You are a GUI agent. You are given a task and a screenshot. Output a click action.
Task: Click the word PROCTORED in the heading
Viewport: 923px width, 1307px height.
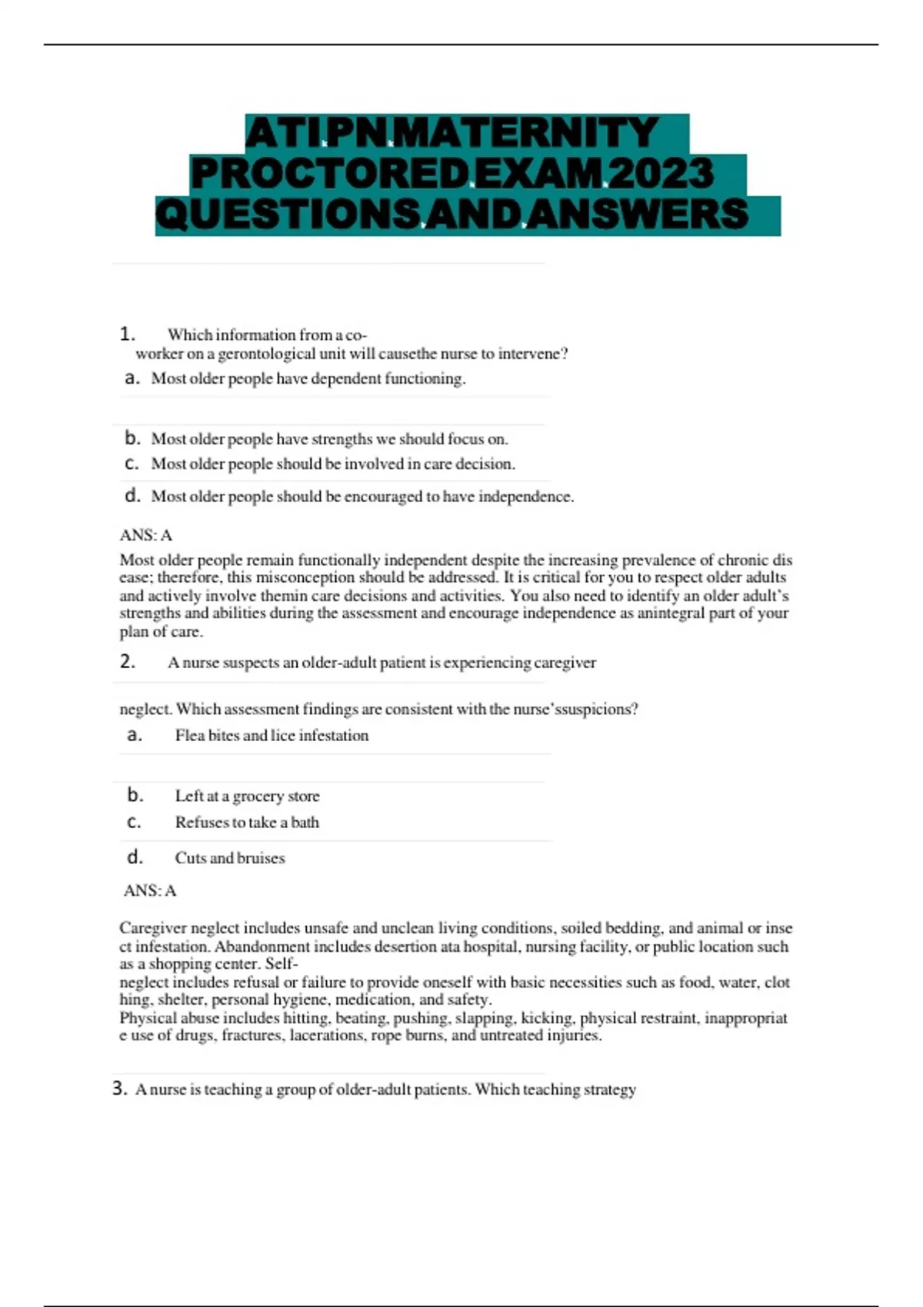330,174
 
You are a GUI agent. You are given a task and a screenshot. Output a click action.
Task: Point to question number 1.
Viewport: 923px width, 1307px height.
127,334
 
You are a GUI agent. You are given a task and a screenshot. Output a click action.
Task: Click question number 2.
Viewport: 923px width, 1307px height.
127,662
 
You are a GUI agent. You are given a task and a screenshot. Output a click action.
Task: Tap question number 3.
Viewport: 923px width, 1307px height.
119,1089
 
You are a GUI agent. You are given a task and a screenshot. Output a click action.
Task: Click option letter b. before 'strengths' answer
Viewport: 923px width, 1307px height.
132,438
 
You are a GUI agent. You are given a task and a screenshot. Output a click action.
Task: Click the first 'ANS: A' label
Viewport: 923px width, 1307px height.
145,535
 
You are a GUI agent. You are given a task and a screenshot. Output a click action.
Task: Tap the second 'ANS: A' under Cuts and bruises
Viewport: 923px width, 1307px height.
150,890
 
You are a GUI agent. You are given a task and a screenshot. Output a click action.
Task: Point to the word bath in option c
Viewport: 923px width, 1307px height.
305,823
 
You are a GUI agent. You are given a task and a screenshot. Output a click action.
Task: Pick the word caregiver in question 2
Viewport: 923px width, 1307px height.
565,663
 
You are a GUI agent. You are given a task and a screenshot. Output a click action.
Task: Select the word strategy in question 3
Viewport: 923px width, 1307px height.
610,1089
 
